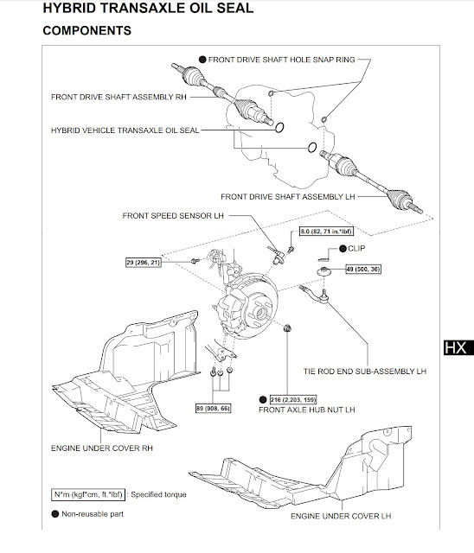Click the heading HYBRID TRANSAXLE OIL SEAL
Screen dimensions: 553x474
[136, 10]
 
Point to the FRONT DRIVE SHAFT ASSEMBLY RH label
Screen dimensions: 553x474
[119, 97]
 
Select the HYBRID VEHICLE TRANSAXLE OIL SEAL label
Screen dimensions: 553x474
[125, 130]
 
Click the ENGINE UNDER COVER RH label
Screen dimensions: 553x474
[103, 448]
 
